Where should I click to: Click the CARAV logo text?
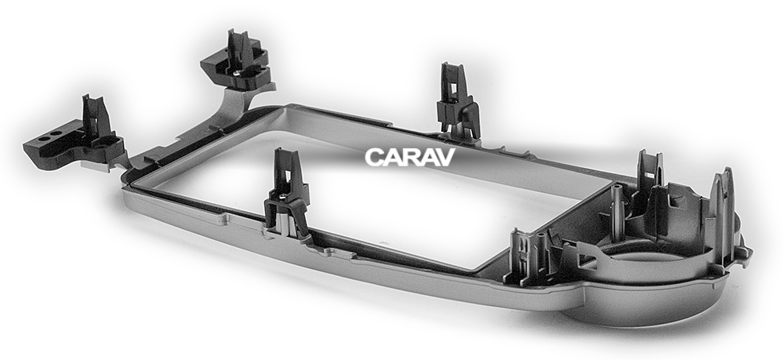(409, 157)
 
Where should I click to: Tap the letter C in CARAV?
(374, 157)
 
